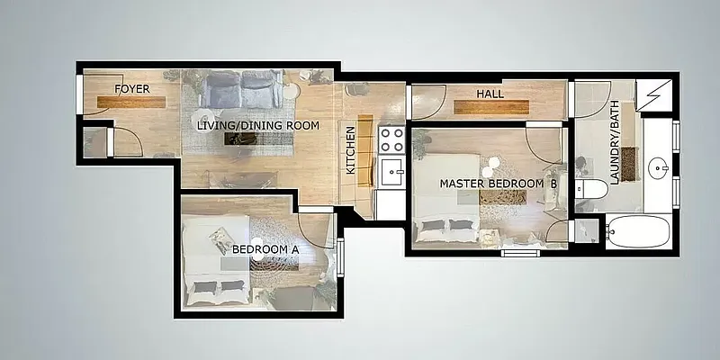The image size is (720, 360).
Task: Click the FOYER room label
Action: click(131, 88)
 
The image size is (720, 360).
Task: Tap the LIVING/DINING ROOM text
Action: click(258, 126)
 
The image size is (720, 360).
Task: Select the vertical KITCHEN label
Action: click(351, 150)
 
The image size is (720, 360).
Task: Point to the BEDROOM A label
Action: click(265, 249)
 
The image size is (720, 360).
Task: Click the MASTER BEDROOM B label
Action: click(498, 184)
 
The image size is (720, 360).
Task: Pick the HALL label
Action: click(490, 94)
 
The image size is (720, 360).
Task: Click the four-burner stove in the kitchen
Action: click(391, 139)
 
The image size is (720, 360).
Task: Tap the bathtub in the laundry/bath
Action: click(637, 233)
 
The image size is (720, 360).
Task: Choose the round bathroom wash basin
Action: click(660, 166)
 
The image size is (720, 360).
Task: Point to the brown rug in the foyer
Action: click(131, 102)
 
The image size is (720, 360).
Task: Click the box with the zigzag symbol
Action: click(653, 94)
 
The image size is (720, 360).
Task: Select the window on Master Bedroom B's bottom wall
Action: click(519, 254)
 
